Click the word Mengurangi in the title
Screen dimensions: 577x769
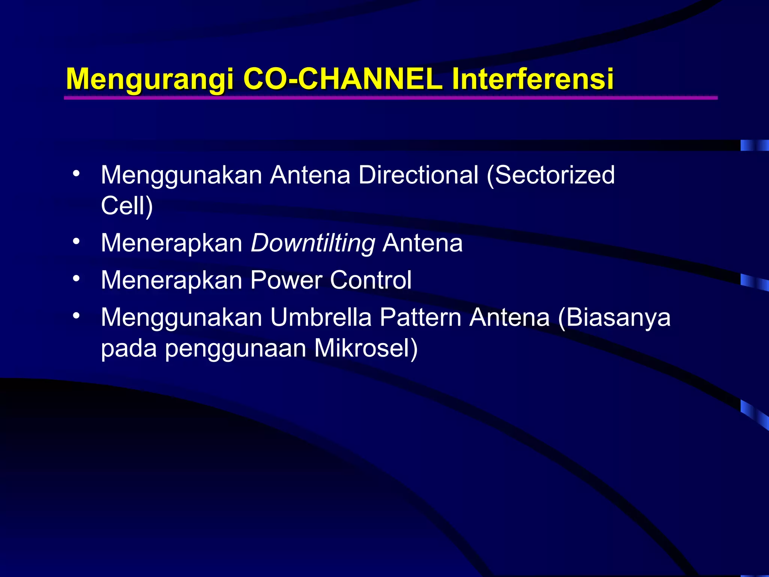pyautogui.click(x=149, y=80)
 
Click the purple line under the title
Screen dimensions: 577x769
pyautogui.click(x=391, y=98)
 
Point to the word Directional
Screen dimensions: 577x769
pyautogui.click(x=418, y=175)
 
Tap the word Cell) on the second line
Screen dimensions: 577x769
pyautogui.click(x=127, y=206)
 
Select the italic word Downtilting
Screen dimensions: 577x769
pyautogui.click(x=313, y=243)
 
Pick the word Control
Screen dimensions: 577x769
pyautogui.click(x=371, y=280)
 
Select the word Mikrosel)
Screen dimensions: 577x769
pyautogui.click(x=366, y=348)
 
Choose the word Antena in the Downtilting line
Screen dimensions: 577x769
pyautogui.click(x=422, y=243)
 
